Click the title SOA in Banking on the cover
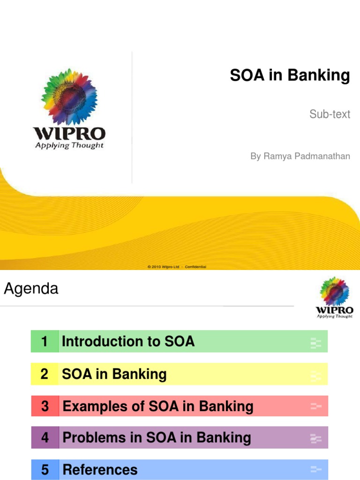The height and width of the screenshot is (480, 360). (x=290, y=75)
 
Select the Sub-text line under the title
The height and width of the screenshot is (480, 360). (x=330, y=114)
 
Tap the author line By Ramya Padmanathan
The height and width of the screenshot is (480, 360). (x=300, y=156)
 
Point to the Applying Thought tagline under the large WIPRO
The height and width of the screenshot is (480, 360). (x=69, y=145)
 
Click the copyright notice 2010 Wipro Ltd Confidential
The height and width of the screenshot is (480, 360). (x=177, y=267)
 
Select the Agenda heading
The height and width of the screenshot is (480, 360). (x=31, y=289)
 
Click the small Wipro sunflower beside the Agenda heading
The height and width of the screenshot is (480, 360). (x=334, y=292)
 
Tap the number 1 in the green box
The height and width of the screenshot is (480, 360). (x=45, y=341)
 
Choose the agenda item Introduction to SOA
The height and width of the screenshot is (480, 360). (x=128, y=341)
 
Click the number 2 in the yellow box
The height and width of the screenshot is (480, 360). (x=45, y=374)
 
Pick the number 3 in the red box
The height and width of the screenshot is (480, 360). (x=45, y=406)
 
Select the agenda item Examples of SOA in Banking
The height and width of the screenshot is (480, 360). (x=158, y=406)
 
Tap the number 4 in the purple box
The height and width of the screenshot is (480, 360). (x=45, y=438)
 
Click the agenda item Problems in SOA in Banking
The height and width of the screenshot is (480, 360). (x=157, y=438)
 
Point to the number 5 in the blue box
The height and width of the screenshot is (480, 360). (x=45, y=469)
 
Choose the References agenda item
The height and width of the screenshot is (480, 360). (x=100, y=469)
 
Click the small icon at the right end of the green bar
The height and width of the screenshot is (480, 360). (x=316, y=343)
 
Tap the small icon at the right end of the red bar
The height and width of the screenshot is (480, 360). (x=316, y=406)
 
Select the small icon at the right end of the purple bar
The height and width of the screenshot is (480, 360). (x=316, y=438)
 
